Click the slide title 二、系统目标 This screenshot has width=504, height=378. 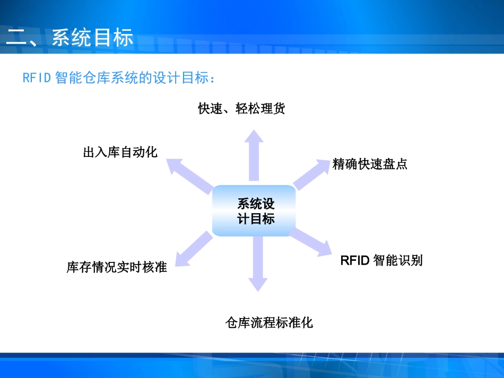(69, 39)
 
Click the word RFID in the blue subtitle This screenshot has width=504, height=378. (37, 78)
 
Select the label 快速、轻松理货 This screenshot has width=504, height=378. (241, 109)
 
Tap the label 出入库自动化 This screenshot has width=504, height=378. (120, 153)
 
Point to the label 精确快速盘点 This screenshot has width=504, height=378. (370, 164)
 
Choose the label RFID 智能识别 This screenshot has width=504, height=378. (381, 260)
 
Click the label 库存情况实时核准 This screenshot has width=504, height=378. (117, 267)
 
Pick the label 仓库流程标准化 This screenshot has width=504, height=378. (269, 322)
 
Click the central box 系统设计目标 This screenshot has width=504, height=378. (254, 211)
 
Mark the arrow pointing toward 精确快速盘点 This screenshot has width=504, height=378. (313, 173)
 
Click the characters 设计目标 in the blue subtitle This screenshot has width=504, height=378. (182, 78)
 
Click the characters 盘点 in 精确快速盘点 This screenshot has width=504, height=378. (395, 164)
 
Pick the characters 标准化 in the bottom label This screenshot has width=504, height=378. (294, 322)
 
